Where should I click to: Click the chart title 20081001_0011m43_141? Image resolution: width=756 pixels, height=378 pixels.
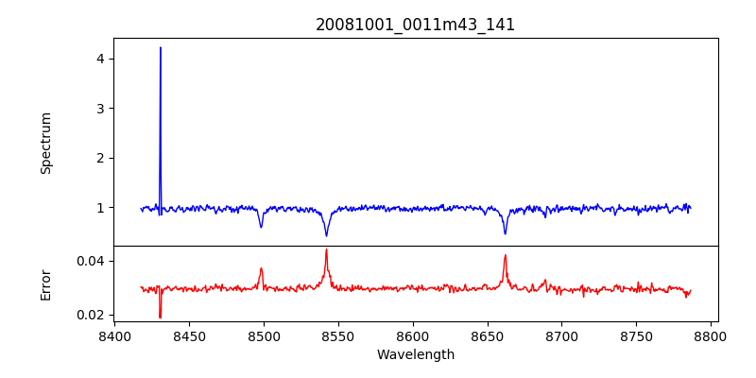415,25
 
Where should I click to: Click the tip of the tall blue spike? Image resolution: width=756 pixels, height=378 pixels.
161,47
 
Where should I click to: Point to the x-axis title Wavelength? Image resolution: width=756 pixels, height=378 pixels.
415,354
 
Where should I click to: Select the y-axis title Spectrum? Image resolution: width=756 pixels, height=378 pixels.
46,143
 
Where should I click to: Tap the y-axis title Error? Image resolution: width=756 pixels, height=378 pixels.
46,284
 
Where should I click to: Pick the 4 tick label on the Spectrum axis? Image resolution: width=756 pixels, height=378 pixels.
98,59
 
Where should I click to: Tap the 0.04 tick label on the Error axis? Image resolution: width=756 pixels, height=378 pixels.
90,261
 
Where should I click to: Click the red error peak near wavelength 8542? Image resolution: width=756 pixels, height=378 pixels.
326,250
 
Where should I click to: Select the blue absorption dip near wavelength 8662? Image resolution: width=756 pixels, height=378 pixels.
506,232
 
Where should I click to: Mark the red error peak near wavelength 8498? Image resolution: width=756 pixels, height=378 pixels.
262,268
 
